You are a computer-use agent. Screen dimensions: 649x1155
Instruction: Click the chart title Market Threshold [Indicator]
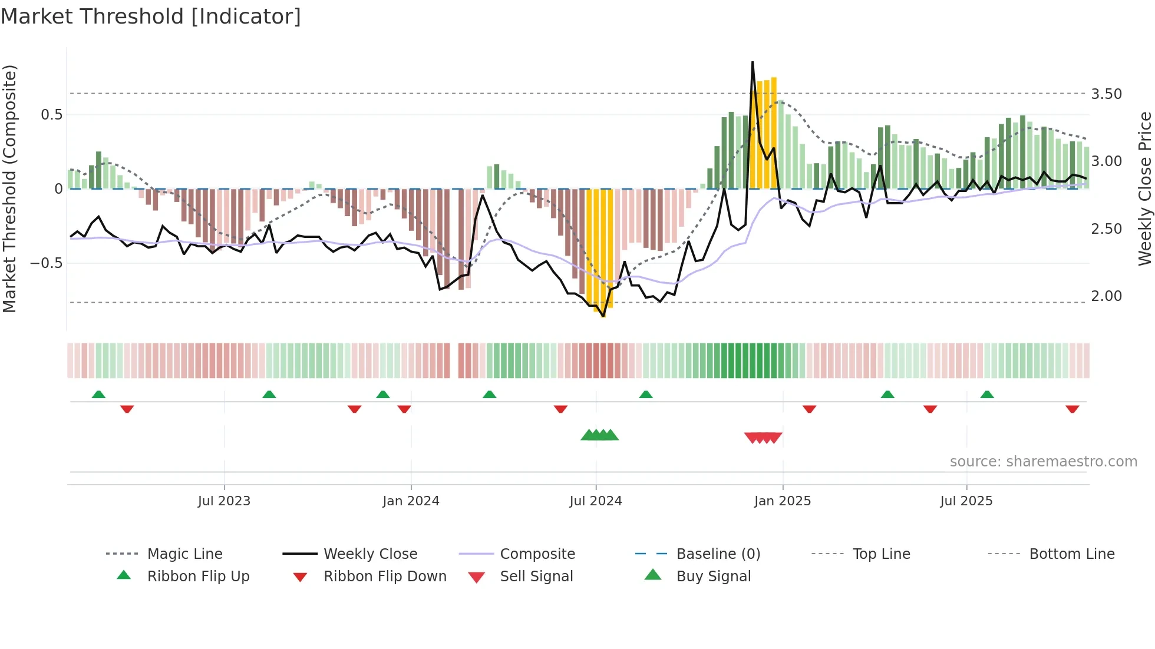[x=151, y=16]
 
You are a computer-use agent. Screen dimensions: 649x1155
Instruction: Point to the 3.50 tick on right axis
[x=1106, y=94]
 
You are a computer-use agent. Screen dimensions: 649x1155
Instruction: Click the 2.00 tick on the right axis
[x=1106, y=296]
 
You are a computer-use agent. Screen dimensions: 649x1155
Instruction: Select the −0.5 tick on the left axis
[x=46, y=263]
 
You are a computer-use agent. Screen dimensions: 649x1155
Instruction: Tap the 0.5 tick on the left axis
[x=51, y=114]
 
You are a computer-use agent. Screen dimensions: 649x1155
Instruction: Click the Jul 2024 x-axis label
[x=595, y=501]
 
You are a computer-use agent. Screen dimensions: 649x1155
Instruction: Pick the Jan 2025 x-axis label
[x=782, y=501]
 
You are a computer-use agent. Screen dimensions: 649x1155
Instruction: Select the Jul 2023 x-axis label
[x=224, y=501]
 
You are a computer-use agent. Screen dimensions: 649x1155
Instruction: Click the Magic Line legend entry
[x=184, y=554]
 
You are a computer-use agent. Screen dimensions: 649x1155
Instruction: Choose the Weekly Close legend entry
[x=370, y=554]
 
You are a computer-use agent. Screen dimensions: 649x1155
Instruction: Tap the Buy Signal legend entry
[x=713, y=577]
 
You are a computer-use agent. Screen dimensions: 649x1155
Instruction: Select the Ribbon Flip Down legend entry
[x=385, y=577]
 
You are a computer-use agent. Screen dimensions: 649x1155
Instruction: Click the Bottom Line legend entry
[x=1071, y=554]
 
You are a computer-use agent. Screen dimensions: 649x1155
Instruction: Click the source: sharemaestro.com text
[x=1043, y=462]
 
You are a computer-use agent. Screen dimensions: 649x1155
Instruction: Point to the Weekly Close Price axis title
[x=1144, y=188]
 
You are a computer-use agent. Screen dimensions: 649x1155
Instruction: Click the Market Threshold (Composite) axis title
[x=9, y=188]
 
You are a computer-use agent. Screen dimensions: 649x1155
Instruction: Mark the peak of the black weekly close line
[x=753, y=62]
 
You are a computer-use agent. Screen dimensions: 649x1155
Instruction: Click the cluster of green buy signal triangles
[x=599, y=435]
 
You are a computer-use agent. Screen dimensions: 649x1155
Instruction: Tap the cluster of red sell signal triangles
[x=763, y=438]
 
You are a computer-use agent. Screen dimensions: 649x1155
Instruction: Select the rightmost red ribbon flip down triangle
[x=1072, y=409]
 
